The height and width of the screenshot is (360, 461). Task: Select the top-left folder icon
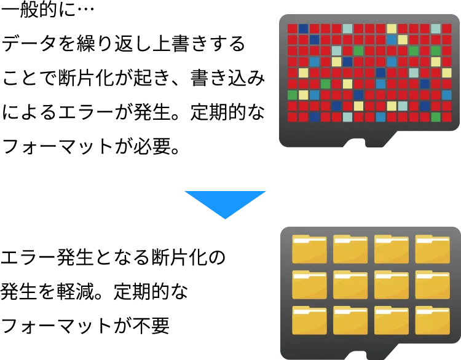(x=309, y=249)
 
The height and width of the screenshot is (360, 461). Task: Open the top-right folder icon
(x=433, y=249)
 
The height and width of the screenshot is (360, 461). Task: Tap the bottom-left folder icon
(x=309, y=319)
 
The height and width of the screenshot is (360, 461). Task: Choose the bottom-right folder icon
(x=433, y=319)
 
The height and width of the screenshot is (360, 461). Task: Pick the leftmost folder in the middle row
(x=309, y=284)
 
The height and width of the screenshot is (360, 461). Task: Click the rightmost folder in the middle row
(x=433, y=284)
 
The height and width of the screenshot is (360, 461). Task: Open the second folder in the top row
(x=350, y=249)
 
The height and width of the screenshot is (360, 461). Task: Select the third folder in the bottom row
(x=392, y=319)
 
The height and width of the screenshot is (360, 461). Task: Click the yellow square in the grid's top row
(x=392, y=28)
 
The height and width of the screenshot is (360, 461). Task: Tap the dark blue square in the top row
(x=303, y=28)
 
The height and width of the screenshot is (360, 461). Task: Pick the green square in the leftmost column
(x=293, y=95)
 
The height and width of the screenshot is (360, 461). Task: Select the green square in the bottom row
(x=436, y=117)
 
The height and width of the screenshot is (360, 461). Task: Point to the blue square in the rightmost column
(x=447, y=95)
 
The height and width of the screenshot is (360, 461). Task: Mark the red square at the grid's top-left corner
(x=293, y=28)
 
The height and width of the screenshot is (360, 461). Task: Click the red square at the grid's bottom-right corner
(x=447, y=117)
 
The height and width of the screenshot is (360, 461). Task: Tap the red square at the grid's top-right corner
(x=447, y=28)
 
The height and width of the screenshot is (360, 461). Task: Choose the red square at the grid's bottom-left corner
(x=293, y=117)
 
